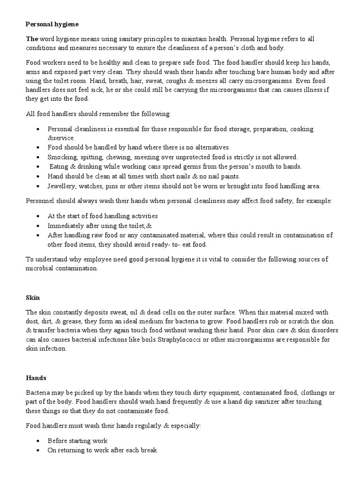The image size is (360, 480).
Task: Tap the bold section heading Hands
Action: click(34, 377)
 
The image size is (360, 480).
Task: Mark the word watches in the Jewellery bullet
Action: click(92, 186)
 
